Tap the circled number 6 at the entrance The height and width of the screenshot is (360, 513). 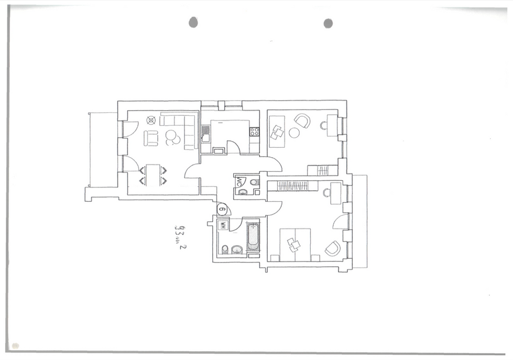(223, 210)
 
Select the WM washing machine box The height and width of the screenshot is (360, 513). (222, 226)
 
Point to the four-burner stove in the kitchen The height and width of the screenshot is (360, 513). (254, 132)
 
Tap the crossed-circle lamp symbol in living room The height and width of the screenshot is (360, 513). (151, 119)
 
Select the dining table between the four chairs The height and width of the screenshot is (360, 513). (152, 175)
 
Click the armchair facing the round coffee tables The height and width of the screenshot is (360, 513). (151, 138)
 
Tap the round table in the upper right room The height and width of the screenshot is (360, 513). (294, 133)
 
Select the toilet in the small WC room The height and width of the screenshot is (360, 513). (254, 182)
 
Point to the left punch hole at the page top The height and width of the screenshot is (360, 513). (193, 22)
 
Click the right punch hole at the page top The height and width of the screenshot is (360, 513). (328, 23)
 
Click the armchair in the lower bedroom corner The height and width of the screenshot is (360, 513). (333, 248)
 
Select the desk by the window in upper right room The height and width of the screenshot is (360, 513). (332, 126)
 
